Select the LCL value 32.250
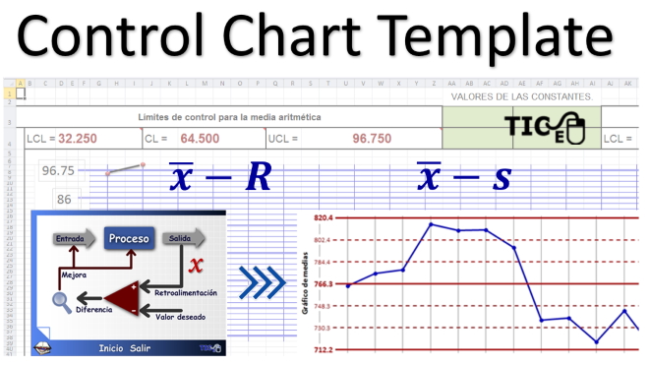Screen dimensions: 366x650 77,139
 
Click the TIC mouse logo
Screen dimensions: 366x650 540,129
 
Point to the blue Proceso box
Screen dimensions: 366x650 129,238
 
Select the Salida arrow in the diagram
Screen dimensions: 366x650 184,239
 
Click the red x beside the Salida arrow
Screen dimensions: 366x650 196,264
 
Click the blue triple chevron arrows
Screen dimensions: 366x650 262,283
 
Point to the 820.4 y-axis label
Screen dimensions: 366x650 325,217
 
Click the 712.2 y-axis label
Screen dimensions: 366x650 325,349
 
